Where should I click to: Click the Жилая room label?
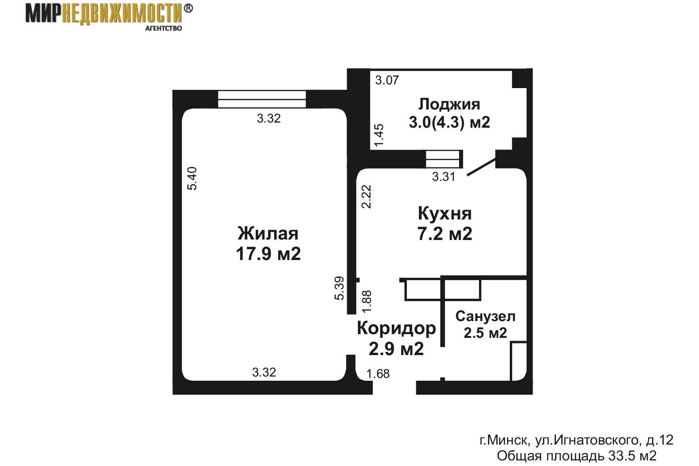click(268, 234)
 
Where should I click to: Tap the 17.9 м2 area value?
click(268, 254)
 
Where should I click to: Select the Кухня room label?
click(445, 214)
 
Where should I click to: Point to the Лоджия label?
click(449, 104)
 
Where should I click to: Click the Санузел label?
click(485, 316)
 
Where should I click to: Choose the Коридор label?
click(396, 329)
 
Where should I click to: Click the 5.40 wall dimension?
click(192, 178)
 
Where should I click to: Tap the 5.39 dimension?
click(339, 288)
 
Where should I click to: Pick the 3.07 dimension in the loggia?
click(387, 80)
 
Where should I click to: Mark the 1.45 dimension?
click(379, 135)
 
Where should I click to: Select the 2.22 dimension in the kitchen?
click(366, 197)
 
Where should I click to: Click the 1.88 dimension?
click(367, 301)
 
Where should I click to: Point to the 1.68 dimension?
click(378, 374)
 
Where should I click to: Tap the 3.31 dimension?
click(444, 177)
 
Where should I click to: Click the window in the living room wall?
click(262, 99)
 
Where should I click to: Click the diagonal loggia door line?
click(481, 167)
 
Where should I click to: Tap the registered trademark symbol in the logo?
click(188, 8)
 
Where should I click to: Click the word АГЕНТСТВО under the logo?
click(164, 28)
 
